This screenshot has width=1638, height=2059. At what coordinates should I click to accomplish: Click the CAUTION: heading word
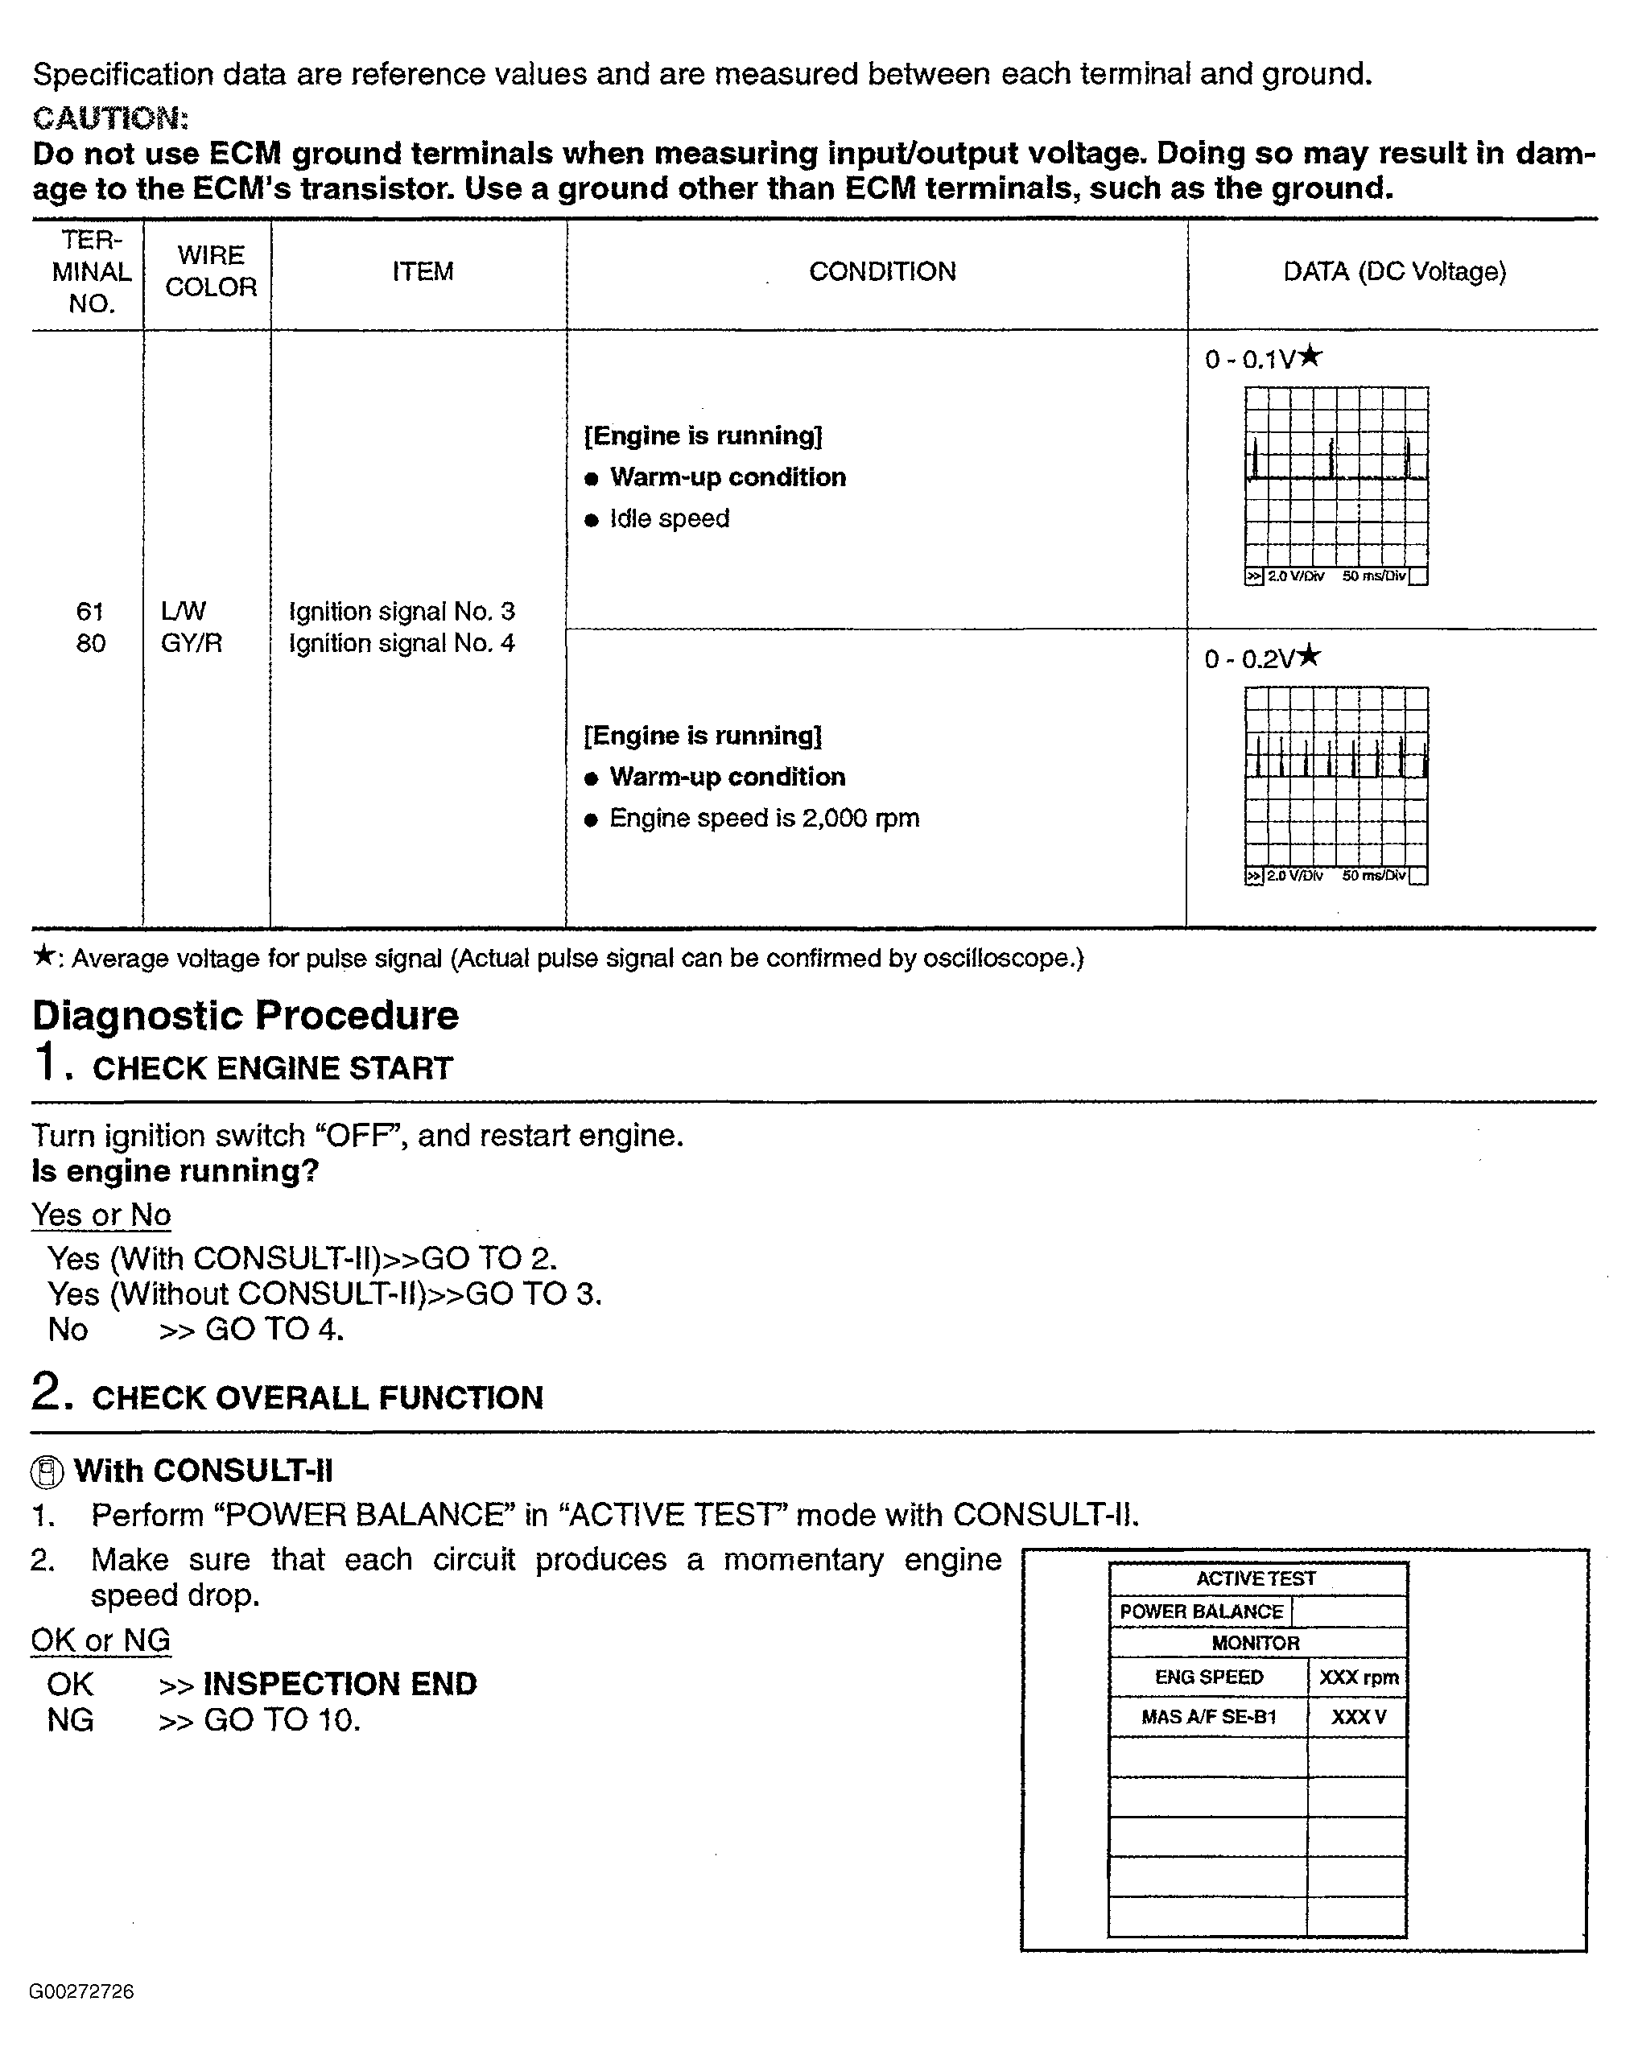tap(109, 118)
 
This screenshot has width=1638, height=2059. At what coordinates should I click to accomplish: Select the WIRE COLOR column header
tap(210, 271)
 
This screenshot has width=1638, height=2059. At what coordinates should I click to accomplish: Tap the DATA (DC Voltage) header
tap(1393, 272)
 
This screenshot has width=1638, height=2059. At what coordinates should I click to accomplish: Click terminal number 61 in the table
tap(90, 611)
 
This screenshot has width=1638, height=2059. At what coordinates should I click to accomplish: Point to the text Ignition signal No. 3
tap(401, 611)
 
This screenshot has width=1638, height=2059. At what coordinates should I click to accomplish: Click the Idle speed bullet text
tap(669, 518)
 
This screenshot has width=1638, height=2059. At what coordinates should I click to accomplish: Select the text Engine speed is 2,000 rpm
tap(764, 819)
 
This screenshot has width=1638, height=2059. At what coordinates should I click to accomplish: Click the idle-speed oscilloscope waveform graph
tap(1335, 477)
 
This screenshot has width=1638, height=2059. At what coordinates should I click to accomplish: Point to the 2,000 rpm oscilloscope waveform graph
tap(1335, 778)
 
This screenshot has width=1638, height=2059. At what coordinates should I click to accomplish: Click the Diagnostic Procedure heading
tap(245, 1015)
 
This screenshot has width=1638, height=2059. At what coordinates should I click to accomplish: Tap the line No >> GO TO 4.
tap(196, 1330)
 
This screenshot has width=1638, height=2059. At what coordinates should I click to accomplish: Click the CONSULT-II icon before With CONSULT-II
tap(47, 1471)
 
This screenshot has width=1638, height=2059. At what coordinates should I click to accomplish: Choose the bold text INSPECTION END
tap(340, 1684)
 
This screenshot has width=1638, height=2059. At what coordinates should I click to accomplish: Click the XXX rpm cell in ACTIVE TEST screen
tap(1358, 1677)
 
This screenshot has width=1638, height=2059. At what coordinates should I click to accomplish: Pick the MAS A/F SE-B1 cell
tap(1208, 1717)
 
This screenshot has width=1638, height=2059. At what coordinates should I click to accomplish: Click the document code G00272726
tap(81, 1991)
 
